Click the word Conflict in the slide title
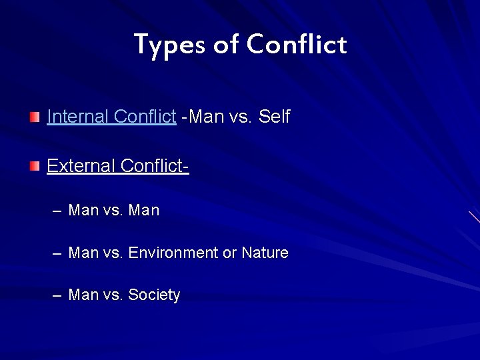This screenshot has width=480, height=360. point(296,45)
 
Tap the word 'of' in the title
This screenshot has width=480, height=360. point(226,45)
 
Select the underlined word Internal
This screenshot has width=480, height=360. point(78,117)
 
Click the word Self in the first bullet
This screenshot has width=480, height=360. point(274,117)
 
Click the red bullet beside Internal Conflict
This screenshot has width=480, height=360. point(35,117)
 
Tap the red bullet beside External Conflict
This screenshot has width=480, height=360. point(35,166)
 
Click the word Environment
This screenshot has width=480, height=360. point(173,253)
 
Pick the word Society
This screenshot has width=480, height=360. point(154,295)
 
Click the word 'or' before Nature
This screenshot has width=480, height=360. point(229,253)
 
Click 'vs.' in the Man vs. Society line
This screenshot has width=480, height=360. point(113,295)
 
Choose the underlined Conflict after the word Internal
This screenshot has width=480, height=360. point(145,117)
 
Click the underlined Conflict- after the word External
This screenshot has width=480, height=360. point(155,165)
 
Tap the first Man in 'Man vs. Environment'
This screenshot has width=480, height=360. point(83,253)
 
